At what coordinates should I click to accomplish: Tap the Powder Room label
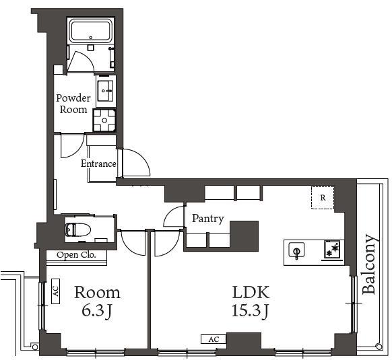(73, 104)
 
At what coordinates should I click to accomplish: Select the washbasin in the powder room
(106, 90)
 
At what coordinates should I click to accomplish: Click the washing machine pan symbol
(104, 120)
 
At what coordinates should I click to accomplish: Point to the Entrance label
(98, 164)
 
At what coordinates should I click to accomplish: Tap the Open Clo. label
(76, 255)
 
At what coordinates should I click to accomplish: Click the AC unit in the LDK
(213, 340)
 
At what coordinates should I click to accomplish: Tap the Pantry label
(208, 219)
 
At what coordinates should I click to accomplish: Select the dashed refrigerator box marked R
(323, 198)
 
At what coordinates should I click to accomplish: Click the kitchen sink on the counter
(296, 250)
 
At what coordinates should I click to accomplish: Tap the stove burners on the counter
(332, 249)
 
